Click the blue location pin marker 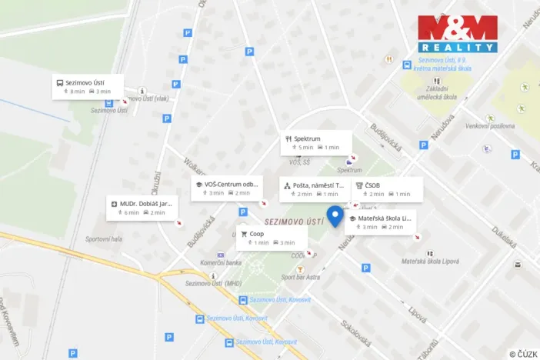click(335, 215)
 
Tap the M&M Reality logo click(458, 33)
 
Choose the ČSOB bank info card click(388, 188)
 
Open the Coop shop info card click(272, 237)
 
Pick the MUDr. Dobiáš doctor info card click(142, 208)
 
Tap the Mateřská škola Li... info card click(381, 222)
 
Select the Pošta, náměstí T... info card click(315, 189)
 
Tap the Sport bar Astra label click(301, 276)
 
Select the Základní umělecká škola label click(438, 92)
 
